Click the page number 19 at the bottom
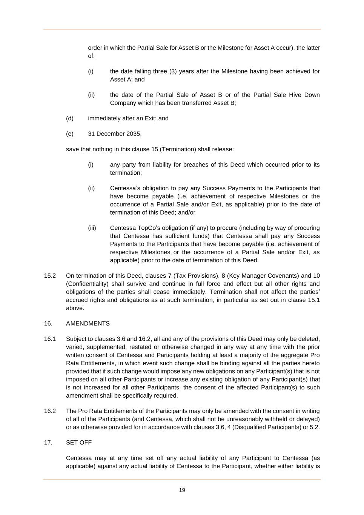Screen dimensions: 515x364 (182, 490)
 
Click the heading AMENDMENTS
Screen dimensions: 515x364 (88, 323)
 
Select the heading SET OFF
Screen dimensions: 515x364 (79, 442)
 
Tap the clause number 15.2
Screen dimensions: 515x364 (50, 276)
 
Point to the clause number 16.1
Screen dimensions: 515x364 (50, 339)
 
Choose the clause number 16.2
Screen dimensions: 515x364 (50, 411)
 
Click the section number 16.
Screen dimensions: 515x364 (48, 323)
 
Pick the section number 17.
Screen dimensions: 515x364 (48, 442)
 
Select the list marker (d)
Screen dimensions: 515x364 (70, 118)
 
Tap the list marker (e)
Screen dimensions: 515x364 (70, 134)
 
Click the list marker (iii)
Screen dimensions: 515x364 (92, 228)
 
